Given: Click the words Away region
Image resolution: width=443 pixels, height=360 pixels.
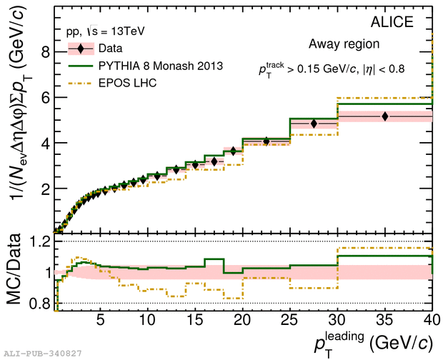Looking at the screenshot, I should (x=344, y=44).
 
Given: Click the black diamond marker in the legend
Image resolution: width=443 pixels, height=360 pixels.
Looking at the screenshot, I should (x=82, y=49).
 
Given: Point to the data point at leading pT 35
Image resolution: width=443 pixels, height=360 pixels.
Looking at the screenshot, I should (x=385, y=116).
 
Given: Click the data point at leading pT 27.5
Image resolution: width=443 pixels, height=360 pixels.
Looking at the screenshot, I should (x=313, y=124).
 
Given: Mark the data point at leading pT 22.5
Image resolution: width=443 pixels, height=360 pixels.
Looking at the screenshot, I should (x=266, y=141).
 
